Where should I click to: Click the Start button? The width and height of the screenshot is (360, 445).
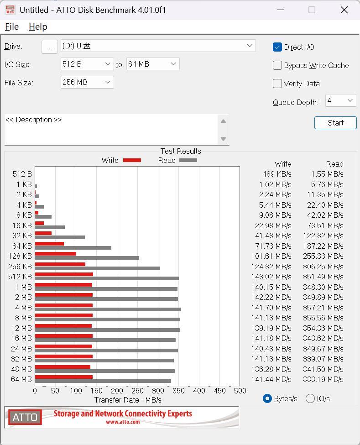(x=335, y=123)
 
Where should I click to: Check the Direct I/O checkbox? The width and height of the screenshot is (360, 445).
(x=277, y=47)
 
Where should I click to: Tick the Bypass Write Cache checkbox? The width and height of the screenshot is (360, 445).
(x=277, y=65)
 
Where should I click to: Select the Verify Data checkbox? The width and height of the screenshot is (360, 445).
(x=277, y=84)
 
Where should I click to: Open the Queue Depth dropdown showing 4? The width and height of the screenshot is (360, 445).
(x=340, y=100)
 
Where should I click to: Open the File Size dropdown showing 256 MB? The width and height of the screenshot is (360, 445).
(x=87, y=82)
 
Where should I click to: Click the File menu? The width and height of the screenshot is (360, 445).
(x=11, y=27)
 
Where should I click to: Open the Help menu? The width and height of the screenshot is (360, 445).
(x=38, y=27)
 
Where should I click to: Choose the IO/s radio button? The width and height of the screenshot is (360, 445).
(x=310, y=398)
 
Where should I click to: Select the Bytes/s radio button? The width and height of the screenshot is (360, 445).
(x=267, y=398)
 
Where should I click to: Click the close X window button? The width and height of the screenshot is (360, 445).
(x=344, y=10)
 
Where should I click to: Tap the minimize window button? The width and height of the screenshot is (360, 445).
(x=281, y=10)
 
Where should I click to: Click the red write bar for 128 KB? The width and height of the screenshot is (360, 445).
(x=55, y=254)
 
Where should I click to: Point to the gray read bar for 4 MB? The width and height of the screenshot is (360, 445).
(x=108, y=309)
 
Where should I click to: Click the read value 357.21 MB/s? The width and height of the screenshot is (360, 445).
(x=323, y=308)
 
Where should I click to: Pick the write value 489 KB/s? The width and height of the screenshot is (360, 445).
(x=277, y=174)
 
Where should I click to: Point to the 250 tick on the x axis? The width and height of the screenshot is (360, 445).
(x=137, y=391)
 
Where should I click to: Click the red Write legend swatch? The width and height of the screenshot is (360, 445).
(x=132, y=160)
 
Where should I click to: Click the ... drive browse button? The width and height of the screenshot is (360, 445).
(x=49, y=46)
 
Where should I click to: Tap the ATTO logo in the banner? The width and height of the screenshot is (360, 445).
(x=25, y=417)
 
